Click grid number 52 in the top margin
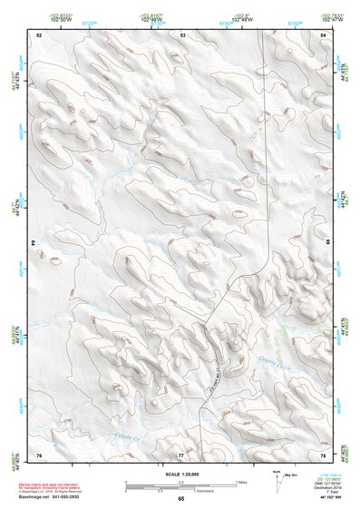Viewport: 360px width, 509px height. point(39,34)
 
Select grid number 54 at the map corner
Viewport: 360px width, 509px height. point(325,34)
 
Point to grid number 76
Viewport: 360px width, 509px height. point(39,453)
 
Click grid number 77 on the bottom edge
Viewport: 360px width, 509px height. point(180,453)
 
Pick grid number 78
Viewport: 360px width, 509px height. point(325,453)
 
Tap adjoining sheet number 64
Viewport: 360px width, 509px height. point(34,243)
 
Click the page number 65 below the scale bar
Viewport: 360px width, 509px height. point(180,498)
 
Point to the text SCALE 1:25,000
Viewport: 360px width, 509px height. point(180,474)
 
